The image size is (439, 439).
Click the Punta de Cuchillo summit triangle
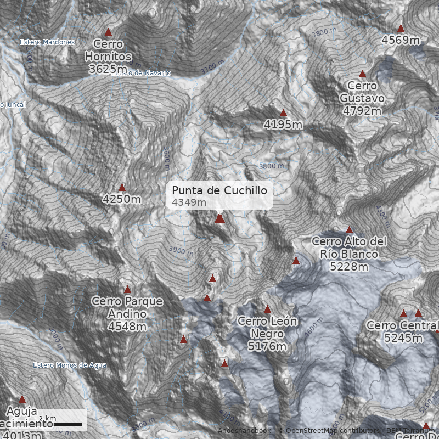(219, 218)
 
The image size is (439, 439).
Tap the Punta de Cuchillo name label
(219, 190)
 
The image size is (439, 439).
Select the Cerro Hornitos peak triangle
(108, 32)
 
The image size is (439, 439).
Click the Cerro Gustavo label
(362, 92)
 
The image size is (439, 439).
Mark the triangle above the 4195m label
(283, 113)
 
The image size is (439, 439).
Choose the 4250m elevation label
(122, 199)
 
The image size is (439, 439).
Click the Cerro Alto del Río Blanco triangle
(349, 230)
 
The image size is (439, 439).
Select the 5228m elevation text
(350, 267)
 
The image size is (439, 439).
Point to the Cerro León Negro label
(267, 327)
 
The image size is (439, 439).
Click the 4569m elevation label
(401, 40)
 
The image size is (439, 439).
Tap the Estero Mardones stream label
(47, 42)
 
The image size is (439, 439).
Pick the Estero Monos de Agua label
(70, 365)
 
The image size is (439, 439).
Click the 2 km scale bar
(68, 424)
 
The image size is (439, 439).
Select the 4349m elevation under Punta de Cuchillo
(189, 202)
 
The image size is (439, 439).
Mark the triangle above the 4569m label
(401, 28)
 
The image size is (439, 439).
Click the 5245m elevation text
(404, 337)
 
